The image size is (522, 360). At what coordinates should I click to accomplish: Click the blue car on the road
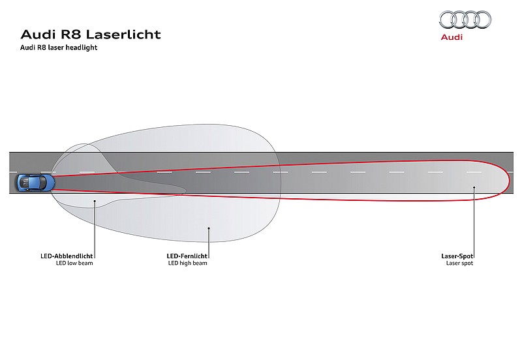point(35,183)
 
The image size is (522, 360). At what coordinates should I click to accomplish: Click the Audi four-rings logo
point(465,20)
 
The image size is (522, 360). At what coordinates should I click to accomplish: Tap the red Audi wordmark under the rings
point(452,37)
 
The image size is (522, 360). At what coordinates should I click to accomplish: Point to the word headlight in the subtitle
point(81,47)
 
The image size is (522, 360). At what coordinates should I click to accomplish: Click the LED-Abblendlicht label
point(67,256)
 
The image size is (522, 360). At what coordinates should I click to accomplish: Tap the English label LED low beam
point(74,263)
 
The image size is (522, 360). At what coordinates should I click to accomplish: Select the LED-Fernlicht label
point(187,256)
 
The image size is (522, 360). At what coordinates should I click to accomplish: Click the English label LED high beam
point(188,263)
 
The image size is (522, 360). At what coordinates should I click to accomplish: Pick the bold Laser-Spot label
point(457,256)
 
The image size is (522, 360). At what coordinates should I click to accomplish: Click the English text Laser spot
point(460,263)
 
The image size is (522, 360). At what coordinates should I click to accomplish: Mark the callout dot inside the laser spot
point(474,187)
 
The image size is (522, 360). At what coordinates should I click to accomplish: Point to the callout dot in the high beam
point(209,228)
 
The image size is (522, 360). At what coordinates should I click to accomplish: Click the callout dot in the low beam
point(95,201)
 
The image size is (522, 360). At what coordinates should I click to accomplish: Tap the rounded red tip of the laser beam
point(510,181)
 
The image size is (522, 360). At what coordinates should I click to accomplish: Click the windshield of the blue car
point(42,183)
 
